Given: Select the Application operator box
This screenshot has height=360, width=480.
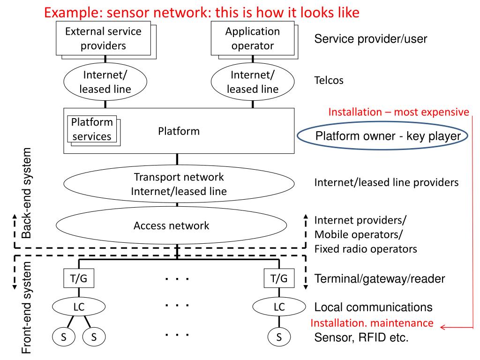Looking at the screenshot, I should click(252, 39).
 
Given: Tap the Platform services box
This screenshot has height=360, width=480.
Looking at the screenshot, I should click(92, 129).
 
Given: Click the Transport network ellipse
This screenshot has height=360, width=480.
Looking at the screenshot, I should click(179, 184).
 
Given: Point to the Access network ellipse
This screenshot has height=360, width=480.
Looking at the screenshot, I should click(171, 225).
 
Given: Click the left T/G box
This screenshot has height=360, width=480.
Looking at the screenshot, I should click(78, 278).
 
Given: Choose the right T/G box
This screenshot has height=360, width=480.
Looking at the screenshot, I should click(279, 278).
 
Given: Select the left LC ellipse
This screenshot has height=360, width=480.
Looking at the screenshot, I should click(78, 307).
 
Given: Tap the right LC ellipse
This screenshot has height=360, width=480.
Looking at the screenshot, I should click(279, 307).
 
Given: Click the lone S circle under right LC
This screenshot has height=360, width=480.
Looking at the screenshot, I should click(279, 336).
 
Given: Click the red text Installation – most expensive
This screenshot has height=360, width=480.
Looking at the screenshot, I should click(398, 112).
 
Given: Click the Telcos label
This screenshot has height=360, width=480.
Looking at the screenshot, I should click(329, 80).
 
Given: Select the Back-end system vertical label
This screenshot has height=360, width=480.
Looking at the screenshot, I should click(28, 193).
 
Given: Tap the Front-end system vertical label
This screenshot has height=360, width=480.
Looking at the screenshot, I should click(28, 307).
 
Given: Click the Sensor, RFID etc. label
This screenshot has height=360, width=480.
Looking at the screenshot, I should click(361, 337).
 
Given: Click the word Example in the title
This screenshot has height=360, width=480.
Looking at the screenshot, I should click(71, 12).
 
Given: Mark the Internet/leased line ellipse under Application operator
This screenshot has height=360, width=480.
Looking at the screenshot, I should click(252, 82).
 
